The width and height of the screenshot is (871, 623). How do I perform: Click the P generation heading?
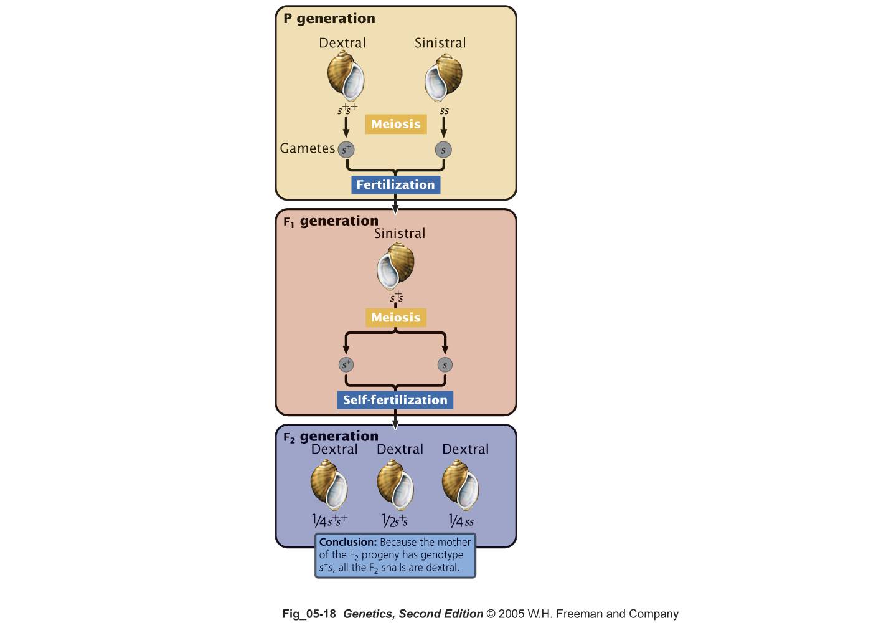tap(329, 19)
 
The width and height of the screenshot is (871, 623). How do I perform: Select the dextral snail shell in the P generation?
tap(346, 76)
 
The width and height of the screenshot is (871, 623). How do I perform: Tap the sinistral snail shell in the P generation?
tap(444, 77)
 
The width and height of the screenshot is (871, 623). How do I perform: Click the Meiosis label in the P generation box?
tap(396, 124)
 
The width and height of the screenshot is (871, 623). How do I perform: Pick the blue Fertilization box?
tap(395, 184)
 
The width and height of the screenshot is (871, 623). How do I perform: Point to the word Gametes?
tap(307, 149)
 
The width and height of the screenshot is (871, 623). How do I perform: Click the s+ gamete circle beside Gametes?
tap(346, 150)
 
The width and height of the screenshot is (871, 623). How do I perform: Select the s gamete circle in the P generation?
tap(443, 150)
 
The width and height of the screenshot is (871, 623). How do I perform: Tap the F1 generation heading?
tap(331, 221)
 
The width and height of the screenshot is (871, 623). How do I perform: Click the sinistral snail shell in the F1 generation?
tap(395, 266)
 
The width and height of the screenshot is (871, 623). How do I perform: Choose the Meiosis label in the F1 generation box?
tap(396, 318)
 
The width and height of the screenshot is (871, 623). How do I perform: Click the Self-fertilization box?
tap(395, 400)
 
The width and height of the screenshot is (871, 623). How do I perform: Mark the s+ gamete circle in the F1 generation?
tap(346, 364)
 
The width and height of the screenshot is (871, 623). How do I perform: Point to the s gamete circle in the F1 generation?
tap(445, 364)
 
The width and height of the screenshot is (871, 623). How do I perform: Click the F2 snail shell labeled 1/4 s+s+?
tap(329, 485)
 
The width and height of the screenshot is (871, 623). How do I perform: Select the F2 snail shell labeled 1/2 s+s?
tap(395, 485)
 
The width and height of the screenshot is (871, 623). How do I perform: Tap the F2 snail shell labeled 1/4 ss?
tap(460, 485)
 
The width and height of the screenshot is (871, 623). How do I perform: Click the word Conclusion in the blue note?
tap(348, 542)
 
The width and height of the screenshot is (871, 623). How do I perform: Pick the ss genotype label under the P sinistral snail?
tap(444, 112)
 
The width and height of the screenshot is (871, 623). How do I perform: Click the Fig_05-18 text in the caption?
tap(309, 614)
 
